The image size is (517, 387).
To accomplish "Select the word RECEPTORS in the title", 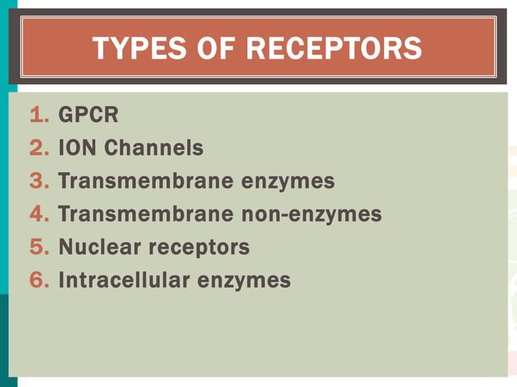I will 334,49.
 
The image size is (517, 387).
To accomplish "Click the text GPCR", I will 88,116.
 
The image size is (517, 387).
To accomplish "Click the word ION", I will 78,149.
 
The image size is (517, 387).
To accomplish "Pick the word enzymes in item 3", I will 288,181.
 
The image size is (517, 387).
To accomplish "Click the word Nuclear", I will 94,248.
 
